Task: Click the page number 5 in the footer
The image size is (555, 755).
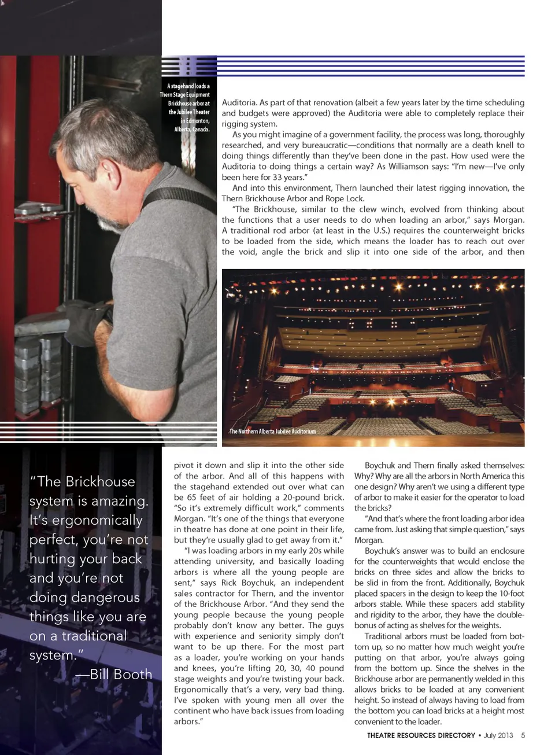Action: click(x=523, y=735)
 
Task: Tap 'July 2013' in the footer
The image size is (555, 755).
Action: click(x=498, y=735)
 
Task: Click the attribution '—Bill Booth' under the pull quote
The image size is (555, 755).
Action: click(x=114, y=675)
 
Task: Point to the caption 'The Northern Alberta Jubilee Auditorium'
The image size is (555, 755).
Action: click(x=272, y=432)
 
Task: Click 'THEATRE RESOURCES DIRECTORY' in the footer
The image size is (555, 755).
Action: click(x=421, y=735)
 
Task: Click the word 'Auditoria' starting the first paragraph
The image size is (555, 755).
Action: click(x=239, y=102)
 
